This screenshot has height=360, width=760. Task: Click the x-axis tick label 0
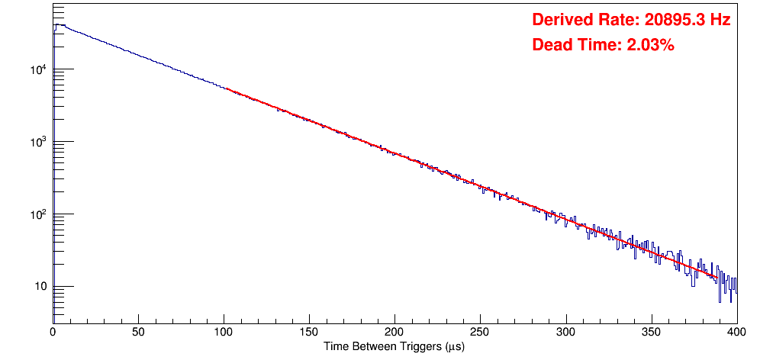tap(53, 332)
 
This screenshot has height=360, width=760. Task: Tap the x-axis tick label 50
tap(138, 332)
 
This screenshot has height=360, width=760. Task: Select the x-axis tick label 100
tap(224, 332)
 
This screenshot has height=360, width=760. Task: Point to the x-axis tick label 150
tap(309, 332)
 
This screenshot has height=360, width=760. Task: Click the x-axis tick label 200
tap(394, 332)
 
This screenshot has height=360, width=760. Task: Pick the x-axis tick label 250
tap(480, 332)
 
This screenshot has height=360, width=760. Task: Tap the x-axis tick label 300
tap(565, 332)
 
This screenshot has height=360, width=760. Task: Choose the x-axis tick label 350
tap(651, 332)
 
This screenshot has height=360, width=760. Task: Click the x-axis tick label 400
tap(736, 332)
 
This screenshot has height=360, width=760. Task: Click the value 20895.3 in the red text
tap(671, 21)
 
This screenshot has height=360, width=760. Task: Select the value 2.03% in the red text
tap(650, 46)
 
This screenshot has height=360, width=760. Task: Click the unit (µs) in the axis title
tap(453, 347)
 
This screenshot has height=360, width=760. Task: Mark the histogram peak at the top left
tap(57, 24)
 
